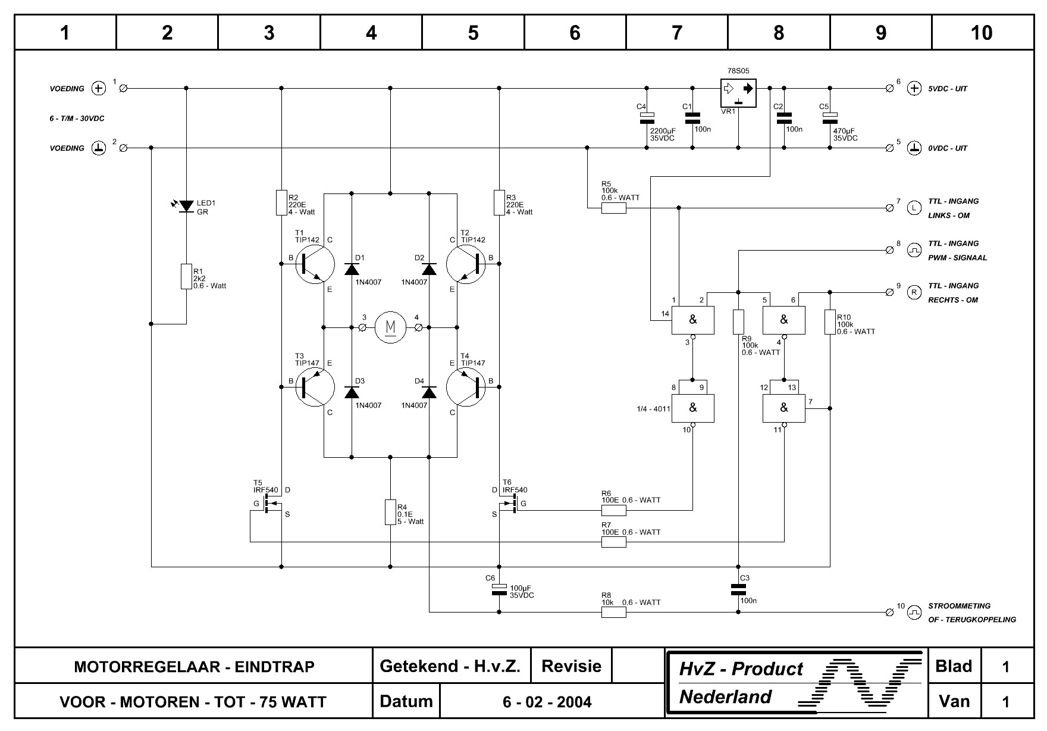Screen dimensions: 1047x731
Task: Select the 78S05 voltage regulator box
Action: coord(738,93)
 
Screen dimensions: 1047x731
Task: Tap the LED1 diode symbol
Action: coord(186,206)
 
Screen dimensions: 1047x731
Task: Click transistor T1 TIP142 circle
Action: coord(316,264)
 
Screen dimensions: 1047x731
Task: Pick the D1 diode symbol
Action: coord(352,268)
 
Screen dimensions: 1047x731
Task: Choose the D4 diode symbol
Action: coord(429,392)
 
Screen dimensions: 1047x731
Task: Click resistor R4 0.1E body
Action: coord(390,513)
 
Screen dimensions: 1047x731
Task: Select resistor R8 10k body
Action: coord(614,612)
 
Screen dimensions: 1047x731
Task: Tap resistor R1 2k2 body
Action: coord(186,277)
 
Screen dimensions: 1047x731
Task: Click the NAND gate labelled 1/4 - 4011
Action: coord(693,408)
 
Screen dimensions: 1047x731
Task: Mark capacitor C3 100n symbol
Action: coord(738,589)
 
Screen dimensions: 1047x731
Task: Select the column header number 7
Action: coord(677,33)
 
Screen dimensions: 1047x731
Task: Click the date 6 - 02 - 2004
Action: coord(547,702)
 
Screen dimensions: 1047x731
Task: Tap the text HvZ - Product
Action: coord(741,669)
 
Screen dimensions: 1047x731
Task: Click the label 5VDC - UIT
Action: coord(948,89)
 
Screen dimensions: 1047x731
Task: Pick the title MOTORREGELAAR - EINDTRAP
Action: coord(194,667)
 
